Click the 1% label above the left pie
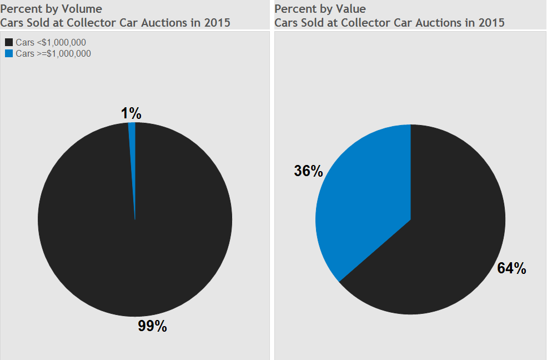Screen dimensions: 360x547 click(131, 113)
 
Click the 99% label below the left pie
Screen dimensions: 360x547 click(152, 326)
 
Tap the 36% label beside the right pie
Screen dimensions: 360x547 click(308, 171)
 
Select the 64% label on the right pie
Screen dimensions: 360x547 click(511, 268)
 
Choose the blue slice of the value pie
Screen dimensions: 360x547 click(361, 206)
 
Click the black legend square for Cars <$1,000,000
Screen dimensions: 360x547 click(9, 42)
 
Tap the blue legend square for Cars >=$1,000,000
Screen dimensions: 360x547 click(9, 54)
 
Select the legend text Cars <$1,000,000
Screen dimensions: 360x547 click(51, 42)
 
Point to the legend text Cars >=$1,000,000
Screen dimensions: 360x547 click(53, 54)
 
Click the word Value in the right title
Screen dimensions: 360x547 click(349, 9)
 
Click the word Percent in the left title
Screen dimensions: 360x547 click(19, 9)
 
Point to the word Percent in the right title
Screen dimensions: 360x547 click(294, 9)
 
